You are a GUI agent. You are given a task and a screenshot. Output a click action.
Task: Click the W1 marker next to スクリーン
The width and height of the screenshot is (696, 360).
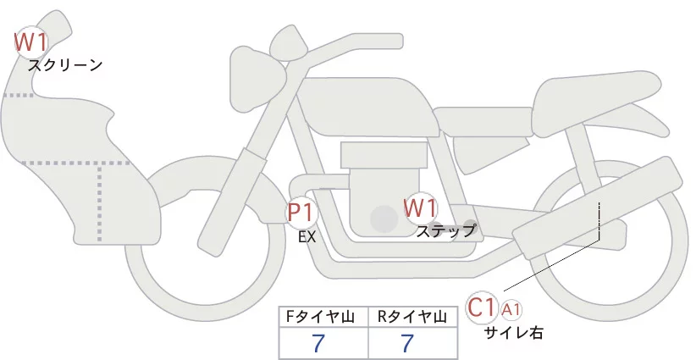pyautogui.click(x=30, y=41)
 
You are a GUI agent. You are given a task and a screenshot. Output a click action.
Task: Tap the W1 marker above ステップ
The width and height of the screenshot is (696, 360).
pyautogui.click(x=420, y=208)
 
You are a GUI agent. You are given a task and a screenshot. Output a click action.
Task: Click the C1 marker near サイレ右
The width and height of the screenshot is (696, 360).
pyautogui.click(x=483, y=307)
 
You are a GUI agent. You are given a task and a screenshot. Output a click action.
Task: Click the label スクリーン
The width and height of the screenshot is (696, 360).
pyautogui.click(x=65, y=64)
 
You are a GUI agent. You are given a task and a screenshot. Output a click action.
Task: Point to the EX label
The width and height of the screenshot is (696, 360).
pyautogui.click(x=307, y=237)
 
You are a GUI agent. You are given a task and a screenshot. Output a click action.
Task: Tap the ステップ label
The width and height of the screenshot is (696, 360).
pyautogui.click(x=445, y=230)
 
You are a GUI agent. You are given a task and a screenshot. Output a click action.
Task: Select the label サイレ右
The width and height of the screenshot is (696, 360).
pyautogui.click(x=513, y=333)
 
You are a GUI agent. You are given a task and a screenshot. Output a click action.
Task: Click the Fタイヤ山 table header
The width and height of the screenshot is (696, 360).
pyautogui.click(x=323, y=317)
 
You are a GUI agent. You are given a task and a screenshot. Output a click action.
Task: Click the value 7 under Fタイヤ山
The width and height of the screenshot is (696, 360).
pyautogui.click(x=318, y=343)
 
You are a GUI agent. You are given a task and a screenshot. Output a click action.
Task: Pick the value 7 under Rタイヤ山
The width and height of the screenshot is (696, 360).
pyautogui.click(x=408, y=343)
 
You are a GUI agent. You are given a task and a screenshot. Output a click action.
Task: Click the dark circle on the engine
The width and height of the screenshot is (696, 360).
pyautogui.click(x=384, y=219)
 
